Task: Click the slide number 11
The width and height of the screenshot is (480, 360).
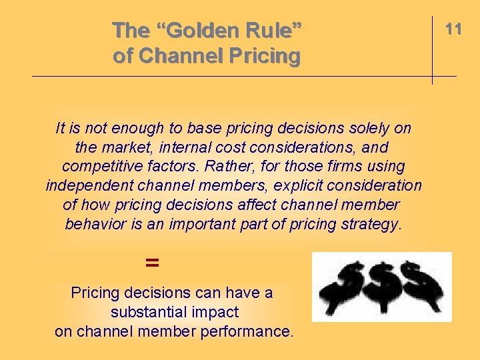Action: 454,29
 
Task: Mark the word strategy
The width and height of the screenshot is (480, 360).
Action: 369,224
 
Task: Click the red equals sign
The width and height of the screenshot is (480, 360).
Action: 152,263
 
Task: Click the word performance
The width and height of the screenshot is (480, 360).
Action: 242,331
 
